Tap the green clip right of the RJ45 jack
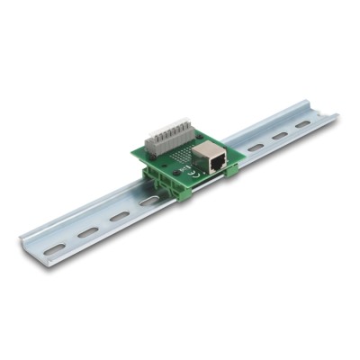229,167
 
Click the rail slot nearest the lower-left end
55,247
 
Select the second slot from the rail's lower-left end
87,232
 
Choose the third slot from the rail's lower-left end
119,217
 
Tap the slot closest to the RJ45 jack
255,147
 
